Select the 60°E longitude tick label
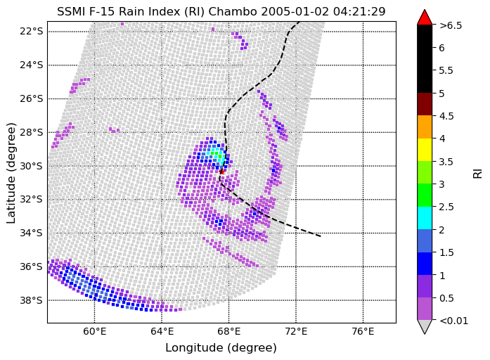click(x=95, y=331)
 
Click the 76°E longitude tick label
click(x=363, y=331)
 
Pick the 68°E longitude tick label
click(x=229, y=331)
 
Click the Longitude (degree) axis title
click(x=221, y=348)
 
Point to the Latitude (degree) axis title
click(x=12, y=172)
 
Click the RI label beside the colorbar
click(x=477, y=173)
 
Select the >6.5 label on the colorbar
click(x=451, y=25)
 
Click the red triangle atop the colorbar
click(x=425, y=18)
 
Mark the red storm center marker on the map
click(x=221, y=171)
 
